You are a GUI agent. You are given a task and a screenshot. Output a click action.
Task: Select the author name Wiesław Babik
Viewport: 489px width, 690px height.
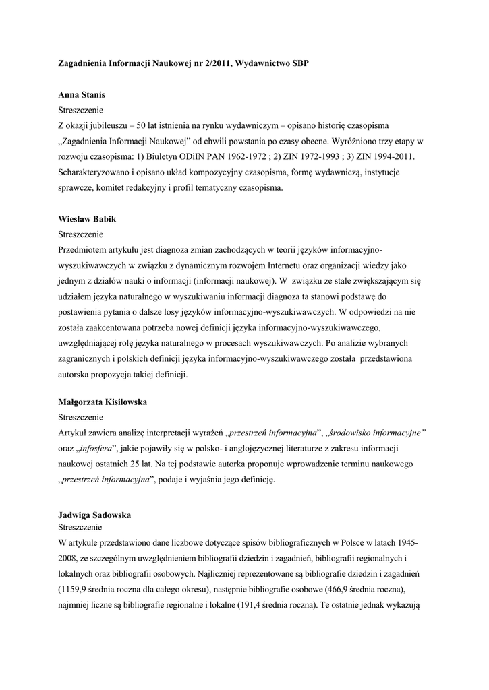point(84,220)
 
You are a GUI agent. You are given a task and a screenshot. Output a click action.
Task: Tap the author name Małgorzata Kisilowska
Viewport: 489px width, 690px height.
point(103,402)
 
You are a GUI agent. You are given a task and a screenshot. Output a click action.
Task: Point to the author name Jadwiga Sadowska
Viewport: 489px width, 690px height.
point(95,514)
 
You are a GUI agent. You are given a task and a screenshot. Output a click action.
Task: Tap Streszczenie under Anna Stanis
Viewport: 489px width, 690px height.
point(80,111)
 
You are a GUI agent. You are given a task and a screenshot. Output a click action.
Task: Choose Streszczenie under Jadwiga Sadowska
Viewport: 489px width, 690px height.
point(80,526)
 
